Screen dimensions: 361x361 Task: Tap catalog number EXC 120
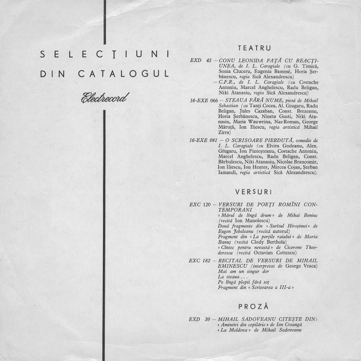[199, 204]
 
